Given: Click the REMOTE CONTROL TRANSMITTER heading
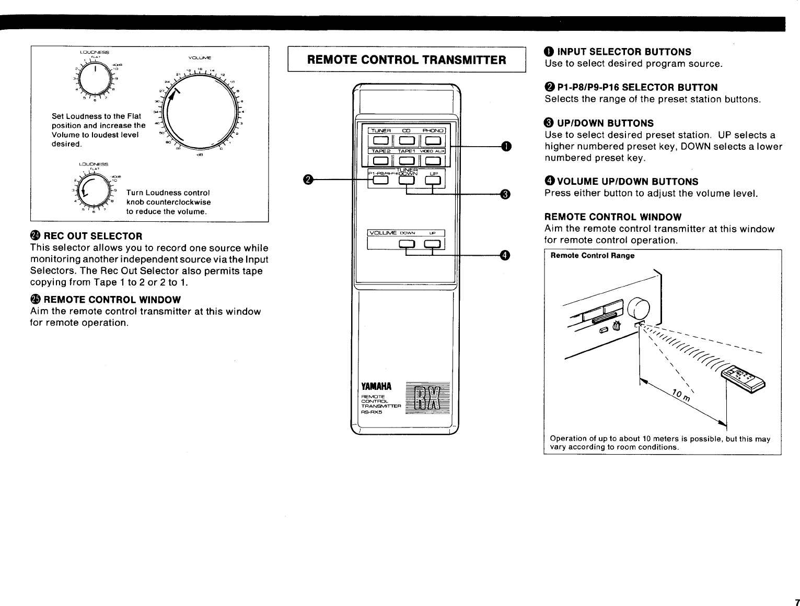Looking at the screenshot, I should coord(407,60).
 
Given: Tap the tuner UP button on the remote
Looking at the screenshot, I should coord(433,181).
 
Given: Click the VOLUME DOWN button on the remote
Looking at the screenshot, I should coord(407,244).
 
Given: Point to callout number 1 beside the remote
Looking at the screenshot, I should coord(505,146).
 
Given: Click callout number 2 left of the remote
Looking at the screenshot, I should coord(308,180).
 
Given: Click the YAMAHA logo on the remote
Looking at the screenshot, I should coord(376,387).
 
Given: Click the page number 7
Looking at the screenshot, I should coord(796,602).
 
